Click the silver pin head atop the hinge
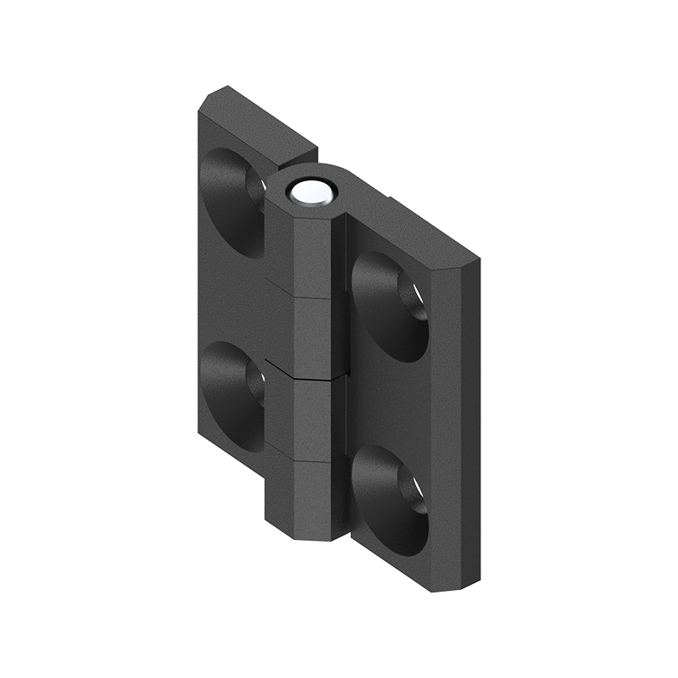click(x=311, y=193)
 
